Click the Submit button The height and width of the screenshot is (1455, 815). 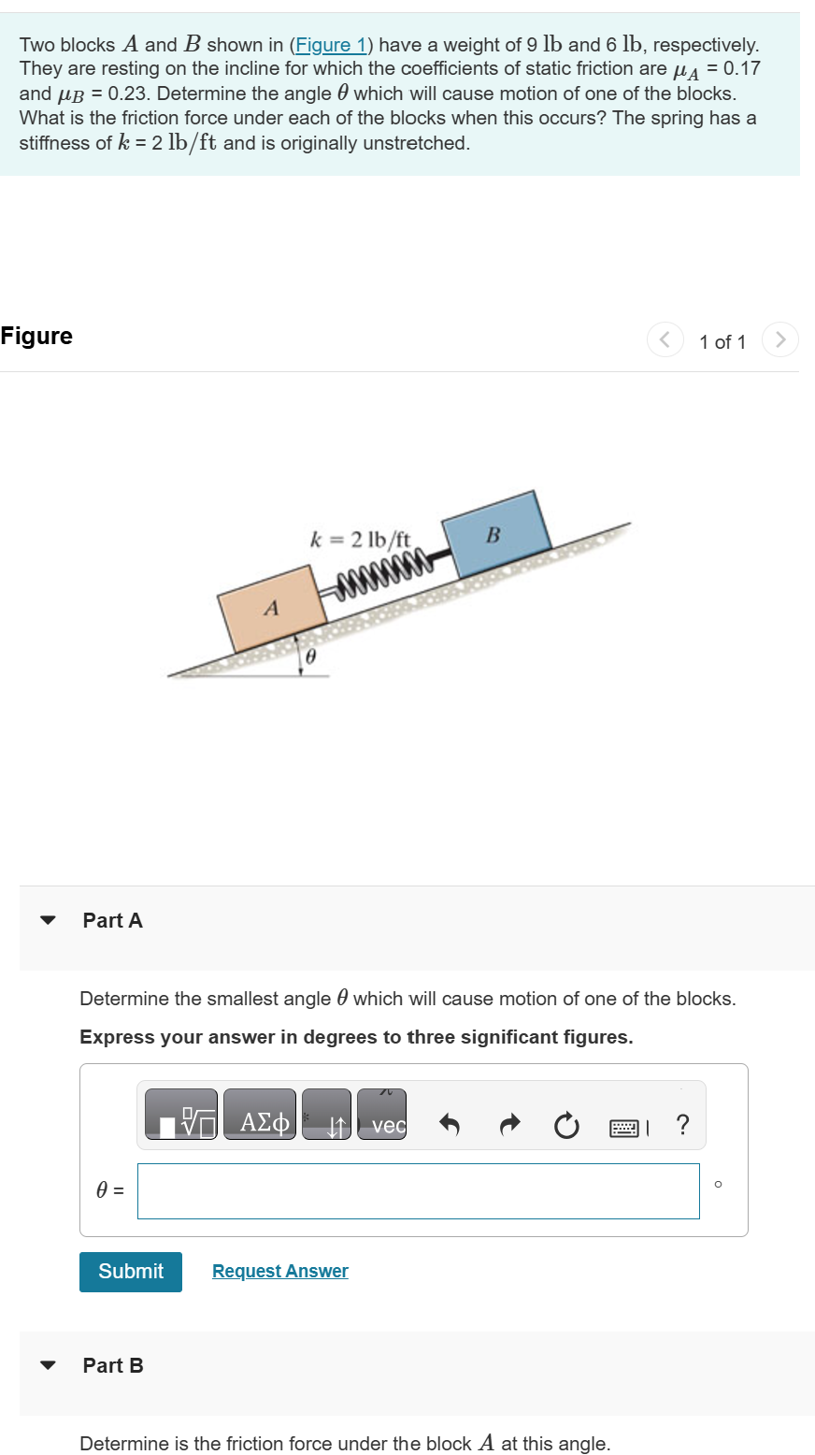(131, 1272)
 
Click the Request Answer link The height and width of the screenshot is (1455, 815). (279, 1272)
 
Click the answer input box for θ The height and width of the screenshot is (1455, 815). (418, 1191)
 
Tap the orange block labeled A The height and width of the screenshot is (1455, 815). (272, 609)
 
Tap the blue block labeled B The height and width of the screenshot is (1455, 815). (495, 534)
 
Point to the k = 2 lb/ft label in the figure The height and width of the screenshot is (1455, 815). (360, 540)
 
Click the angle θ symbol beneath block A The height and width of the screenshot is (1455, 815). (311, 658)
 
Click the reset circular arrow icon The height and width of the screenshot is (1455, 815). (565, 1126)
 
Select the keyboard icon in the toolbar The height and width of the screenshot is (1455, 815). (624, 1128)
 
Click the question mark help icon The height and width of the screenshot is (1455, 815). (682, 1125)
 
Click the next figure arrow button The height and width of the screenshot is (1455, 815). (780, 339)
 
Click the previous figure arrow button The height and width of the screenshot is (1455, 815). (665, 339)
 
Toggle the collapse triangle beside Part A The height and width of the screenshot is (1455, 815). (48, 920)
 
